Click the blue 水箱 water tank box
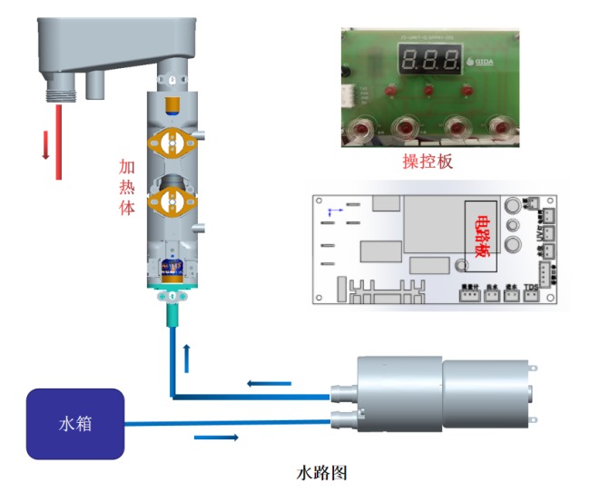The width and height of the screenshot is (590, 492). [74, 424]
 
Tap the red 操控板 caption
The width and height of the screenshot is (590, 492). [428, 162]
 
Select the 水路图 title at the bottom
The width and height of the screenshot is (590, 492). [322, 473]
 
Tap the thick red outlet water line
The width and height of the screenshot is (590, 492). [59, 141]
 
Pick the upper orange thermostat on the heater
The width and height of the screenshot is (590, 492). [172, 141]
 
